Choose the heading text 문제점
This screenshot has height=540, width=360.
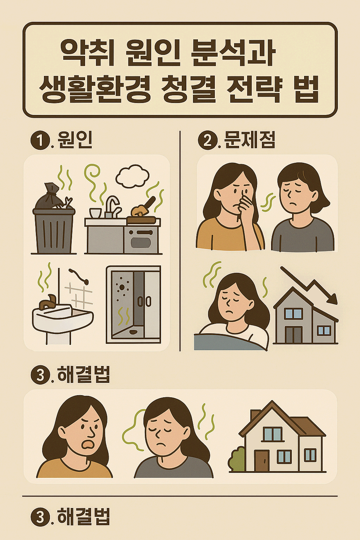(250, 140)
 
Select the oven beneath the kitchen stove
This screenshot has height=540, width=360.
(141, 239)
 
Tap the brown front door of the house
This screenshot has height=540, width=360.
(262, 460)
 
